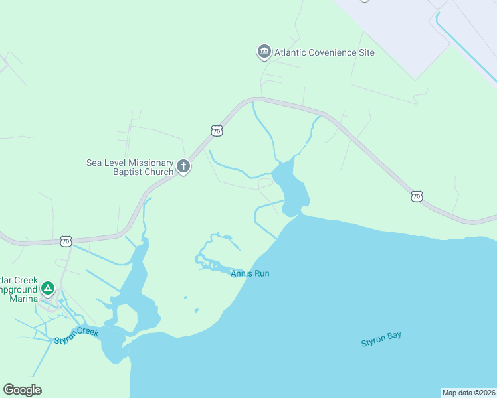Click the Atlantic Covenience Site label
[x=324, y=52]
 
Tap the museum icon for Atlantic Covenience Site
[x=264, y=52]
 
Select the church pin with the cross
[x=183, y=166]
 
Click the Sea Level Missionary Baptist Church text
[x=130, y=167]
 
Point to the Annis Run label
[x=250, y=273]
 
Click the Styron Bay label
[x=381, y=339]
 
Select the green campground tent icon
[x=47, y=289]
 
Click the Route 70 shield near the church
[x=217, y=131]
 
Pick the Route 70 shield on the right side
[x=416, y=196]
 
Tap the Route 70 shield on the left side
[x=65, y=241]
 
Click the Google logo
[x=22, y=390]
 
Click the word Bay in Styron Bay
[x=393, y=336]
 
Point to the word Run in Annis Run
[x=261, y=273]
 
